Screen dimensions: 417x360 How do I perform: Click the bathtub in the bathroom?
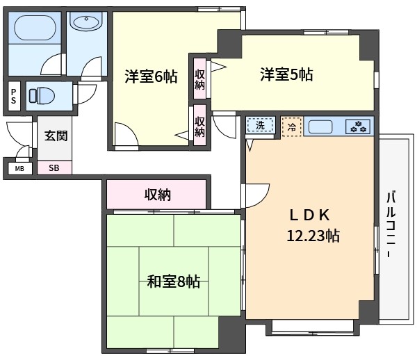[x=35, y=28]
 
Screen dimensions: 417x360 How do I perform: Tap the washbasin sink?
[x=86, y=22]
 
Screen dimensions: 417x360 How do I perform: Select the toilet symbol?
[x=42, y=95]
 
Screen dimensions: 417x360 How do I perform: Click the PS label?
[x=14, y=96]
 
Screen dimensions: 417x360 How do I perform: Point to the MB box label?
[x=19, y=169]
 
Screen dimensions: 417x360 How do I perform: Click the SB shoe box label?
[x=54, y=168]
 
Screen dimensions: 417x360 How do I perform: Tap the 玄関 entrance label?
[x=56, y=136]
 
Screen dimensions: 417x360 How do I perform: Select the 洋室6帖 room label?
[x=151, y=76]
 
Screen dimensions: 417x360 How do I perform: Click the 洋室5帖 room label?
[x=286, y=74]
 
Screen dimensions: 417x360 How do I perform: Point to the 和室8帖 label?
[x=173, y=281]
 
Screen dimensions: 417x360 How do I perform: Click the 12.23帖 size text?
[x=313, y=236]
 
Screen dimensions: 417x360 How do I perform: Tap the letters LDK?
[x=310, y=215]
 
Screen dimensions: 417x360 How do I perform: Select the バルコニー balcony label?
[x=391, y=224]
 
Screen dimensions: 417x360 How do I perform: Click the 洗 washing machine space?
[x=261, y=125]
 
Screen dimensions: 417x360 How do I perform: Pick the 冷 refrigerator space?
[x=292, y=126]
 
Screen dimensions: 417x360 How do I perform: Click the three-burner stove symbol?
[x=358, y=126]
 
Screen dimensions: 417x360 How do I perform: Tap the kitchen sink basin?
[x=320, y=126]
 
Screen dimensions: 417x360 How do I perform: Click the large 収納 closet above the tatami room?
[x=156, y=195]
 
